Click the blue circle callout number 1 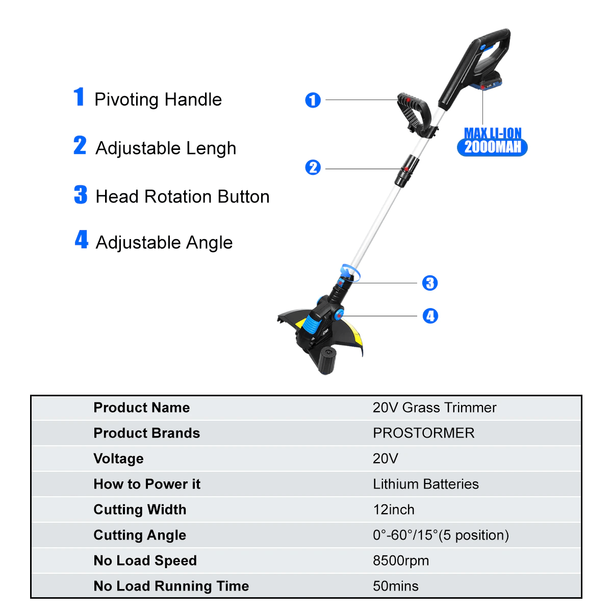pos(313,100)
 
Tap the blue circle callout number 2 pos(313,167)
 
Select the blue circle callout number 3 pos(429,283)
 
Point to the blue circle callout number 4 pos(430,316)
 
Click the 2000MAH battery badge pos(492,147)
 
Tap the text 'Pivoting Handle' pos(158,99)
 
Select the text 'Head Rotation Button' pos(182,196)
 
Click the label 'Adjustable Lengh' pos(165,148)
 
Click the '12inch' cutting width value pos(393,509)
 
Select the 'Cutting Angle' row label pos(140,535)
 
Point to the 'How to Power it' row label pos(147,484)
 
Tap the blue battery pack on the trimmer pos(486,81)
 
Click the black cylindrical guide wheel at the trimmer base pos(326,360)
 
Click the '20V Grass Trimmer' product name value pos(434,407)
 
